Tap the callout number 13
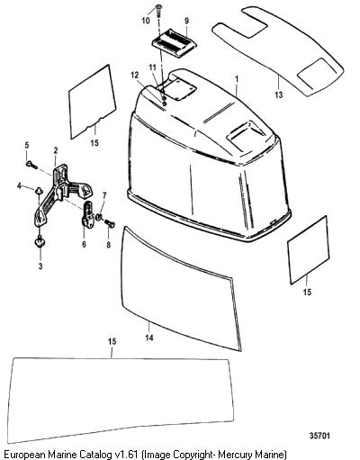tap(279, 95)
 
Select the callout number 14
tap(149, 338)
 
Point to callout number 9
tap(186, 21)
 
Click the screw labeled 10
tap(157, 10)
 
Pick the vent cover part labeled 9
tap(174, 41)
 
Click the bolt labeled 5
tap(31, 164)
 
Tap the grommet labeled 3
tap(40, 241)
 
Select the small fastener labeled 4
tap(38, 190)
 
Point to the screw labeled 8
tap(110, 224)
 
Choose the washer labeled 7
tap(99, 216)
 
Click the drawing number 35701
tap(319, 435)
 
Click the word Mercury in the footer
tap(235, 454)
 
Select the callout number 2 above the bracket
tap(56, 150)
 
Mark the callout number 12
tap(135, 75)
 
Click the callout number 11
tap(153, 68)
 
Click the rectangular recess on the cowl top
tap(246, 133)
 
